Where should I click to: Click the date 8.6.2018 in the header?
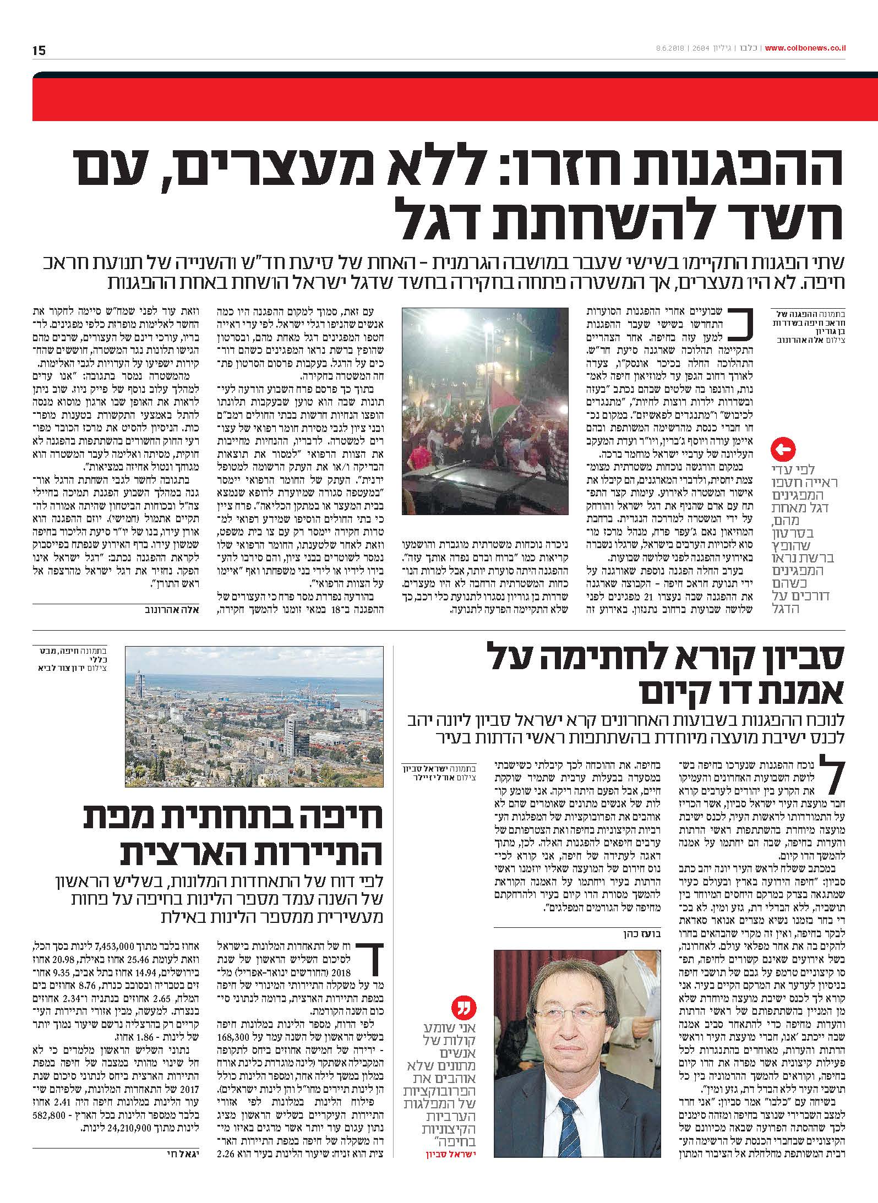pyautogui.click(x=666, y=48)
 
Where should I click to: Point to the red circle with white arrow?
pyautogui.click(x=784, y=451)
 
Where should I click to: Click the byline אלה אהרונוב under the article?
pyautogui.click(x=173, y=609)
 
